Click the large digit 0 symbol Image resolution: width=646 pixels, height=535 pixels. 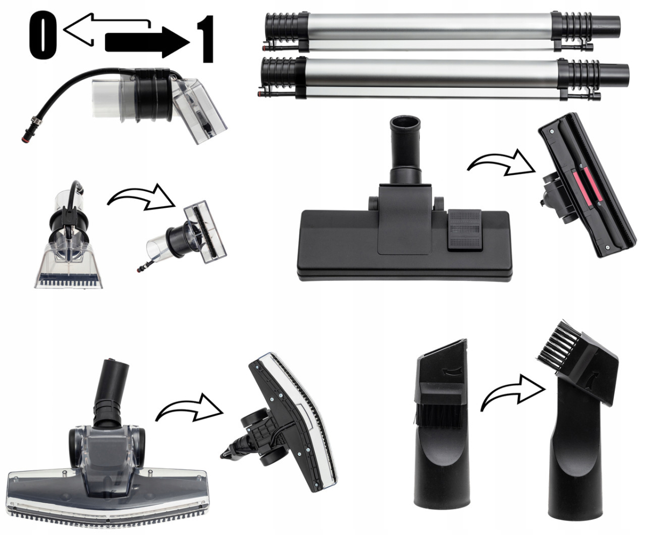click(x=43, y=35)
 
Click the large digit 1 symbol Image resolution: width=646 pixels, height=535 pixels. click(x=205, y=39)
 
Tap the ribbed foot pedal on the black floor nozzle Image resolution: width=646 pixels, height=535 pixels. click(x=464, y=230)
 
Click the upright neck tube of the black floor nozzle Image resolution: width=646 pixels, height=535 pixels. click(x=405, y=150)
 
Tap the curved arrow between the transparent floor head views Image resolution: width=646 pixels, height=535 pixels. click(x=189, y=407)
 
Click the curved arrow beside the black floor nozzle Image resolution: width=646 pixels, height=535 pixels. click(x=501, y=163)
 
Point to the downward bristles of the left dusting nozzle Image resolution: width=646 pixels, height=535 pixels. click(x=437, y=413)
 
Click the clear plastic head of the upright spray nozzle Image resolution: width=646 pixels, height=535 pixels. click(x=69, y=267)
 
